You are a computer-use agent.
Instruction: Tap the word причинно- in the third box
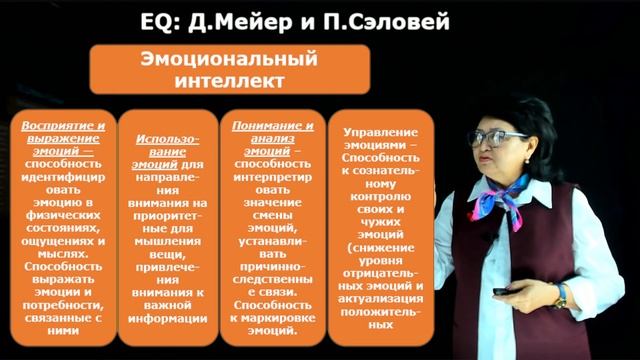[x=265, y=255]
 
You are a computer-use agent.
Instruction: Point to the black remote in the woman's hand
[x=503, y=291]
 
